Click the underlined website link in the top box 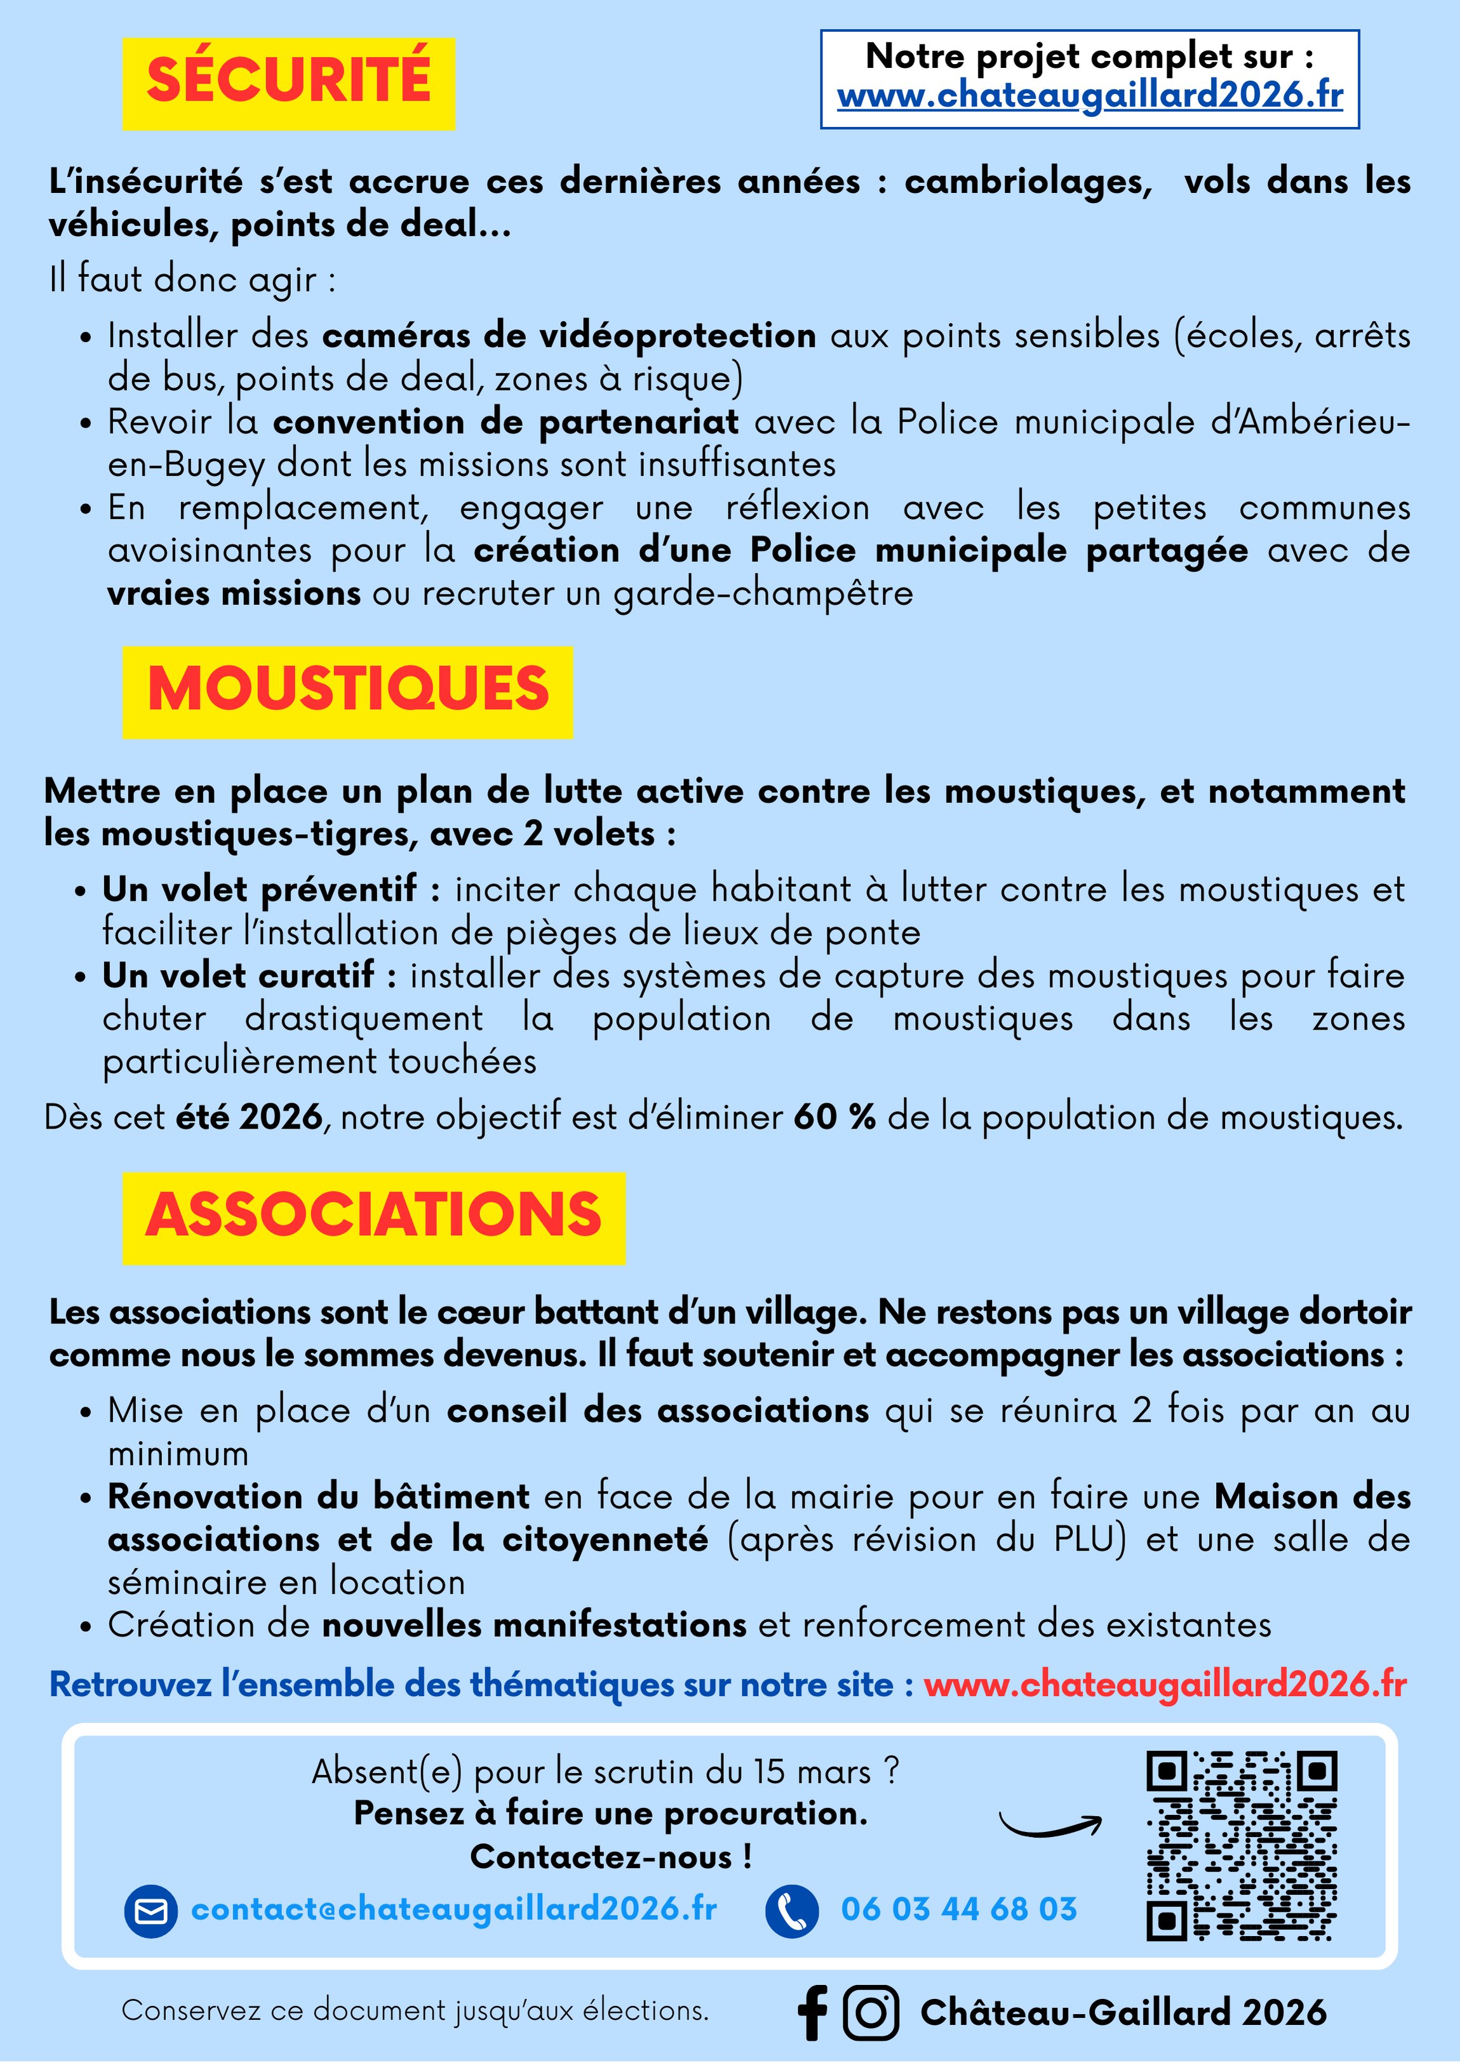(1090, 95)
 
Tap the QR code (1242, 1845)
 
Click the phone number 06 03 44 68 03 (958, 1909)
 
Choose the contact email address (454, 1909)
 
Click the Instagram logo (870, 2013)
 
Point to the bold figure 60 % (834, 1117)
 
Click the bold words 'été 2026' (249, 1117)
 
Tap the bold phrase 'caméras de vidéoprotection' (569, 336)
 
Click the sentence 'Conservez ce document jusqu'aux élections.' (415, 2010)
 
